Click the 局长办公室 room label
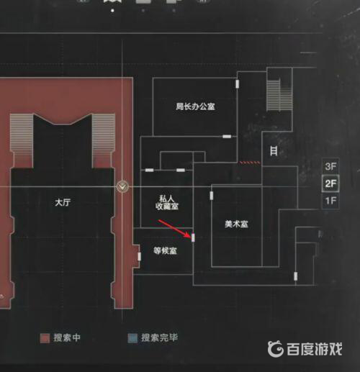click(x=195, y=106)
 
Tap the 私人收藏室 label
click(x=167, y=202)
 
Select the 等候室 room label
click(x=165, y=251)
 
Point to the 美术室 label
click(x=236, y=224)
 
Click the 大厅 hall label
click(x=63, y=202)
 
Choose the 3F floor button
click(x=330, y=166)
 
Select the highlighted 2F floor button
click(x=330, y=183)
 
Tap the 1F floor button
click(x=330, y=201)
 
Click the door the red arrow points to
click(x=193, y=237)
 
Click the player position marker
click(x=122, y=186)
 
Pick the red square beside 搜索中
click(x=45, y=338)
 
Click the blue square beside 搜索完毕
click(x=132, y=338)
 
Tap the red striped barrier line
click(x=250, y=163)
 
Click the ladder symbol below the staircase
click(x=274, y=151)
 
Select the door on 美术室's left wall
click(x=212, y=196)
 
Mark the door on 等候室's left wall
click(x=139, y=256)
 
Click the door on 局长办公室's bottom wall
click(x=227, y=137)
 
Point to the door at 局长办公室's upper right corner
click(x=237, y=84)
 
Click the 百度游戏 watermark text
click(x=314, y=349)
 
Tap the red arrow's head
click(x=189, y=236)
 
